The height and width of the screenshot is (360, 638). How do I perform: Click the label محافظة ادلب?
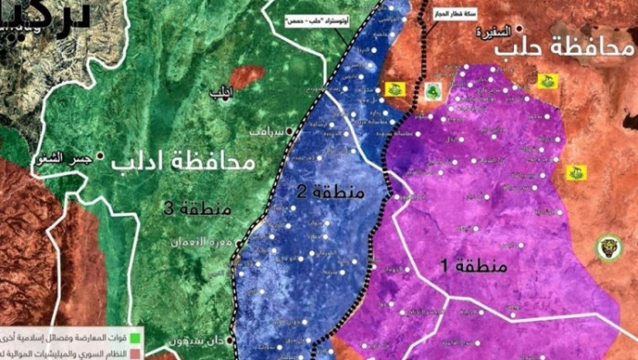(185, 162)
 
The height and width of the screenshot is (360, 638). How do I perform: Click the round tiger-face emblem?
(609, 247)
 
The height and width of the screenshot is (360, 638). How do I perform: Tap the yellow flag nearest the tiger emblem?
(576, 172)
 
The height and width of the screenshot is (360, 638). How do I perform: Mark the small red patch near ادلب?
(246, 77)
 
